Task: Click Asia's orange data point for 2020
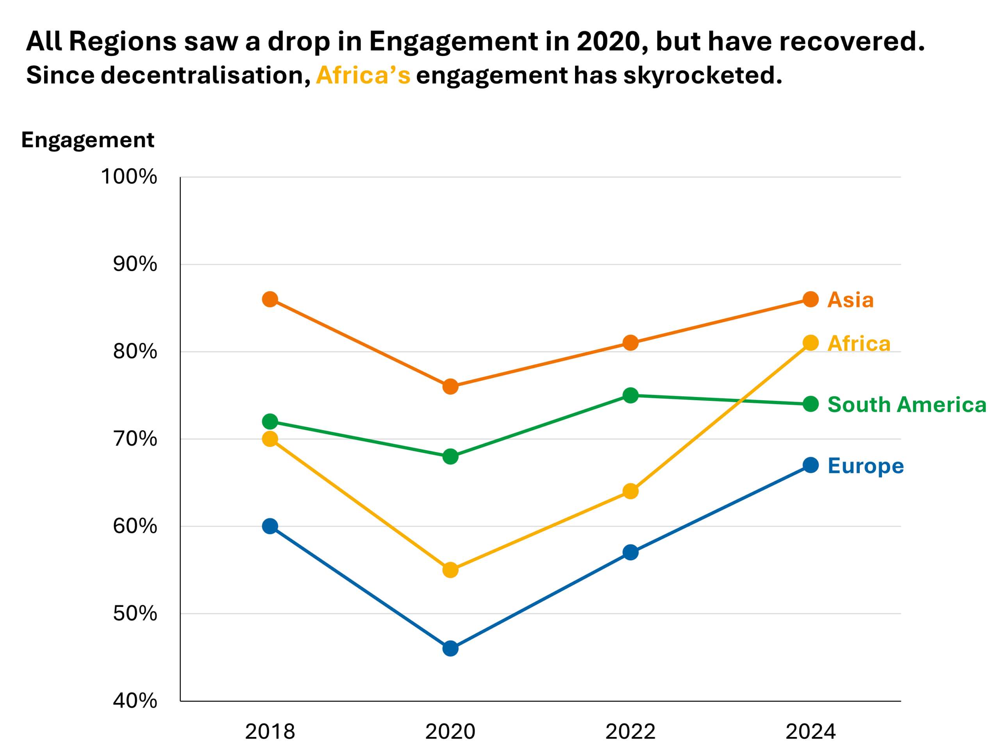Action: (x=450, y=387)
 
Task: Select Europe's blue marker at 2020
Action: (x=450, y=648)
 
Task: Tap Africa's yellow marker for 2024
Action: (x=811, y=343)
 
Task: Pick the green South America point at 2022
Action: (x=630, y=395)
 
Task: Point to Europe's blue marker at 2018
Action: (x=270, y=526)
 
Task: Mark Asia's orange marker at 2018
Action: (x=270, y=299)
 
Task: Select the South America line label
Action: (x=906, y=404)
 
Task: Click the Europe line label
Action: (x=865, y=465)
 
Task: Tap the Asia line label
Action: (x=850, y=299)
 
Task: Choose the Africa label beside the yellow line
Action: (x=859, y=344)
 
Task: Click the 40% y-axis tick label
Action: (x=135, y=701)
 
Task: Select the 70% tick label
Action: (x=135, y=439)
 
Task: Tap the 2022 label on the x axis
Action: (x=630, y=732)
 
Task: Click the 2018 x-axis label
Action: (x=270, y=732)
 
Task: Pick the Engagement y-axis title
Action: (x=88, y=140)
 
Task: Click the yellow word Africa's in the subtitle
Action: (x=363, y=75)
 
